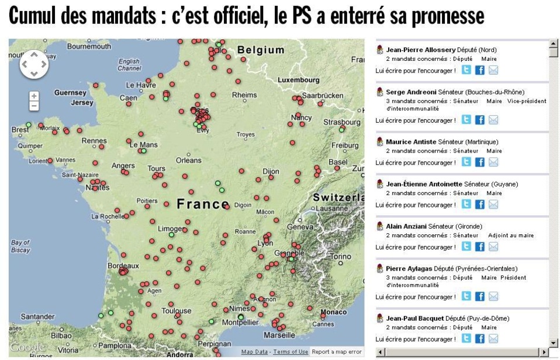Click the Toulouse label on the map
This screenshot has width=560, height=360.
click(177, 311)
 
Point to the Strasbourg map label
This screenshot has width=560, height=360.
click(342, 122)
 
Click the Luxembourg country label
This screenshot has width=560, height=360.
click(298, 79)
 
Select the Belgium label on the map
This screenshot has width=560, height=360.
click(261, 50)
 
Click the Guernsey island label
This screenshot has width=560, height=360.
click(70, 92)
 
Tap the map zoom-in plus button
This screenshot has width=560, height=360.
click(34, 96)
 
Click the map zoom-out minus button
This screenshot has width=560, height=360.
click(34, 106)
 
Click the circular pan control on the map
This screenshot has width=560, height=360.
click(34, 64)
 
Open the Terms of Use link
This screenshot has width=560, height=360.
click(291, 352)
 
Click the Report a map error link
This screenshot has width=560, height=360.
click(336, 352)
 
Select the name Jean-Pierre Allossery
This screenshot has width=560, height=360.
click(421, 50)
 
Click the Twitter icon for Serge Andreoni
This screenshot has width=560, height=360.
click(466, 120)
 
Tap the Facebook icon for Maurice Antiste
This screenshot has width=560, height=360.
click(479, 162)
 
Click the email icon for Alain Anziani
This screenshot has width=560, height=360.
click(493, 247)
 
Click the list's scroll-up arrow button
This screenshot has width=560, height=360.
click(554, 45)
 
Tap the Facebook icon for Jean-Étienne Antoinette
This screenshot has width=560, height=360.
click(479, 205)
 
